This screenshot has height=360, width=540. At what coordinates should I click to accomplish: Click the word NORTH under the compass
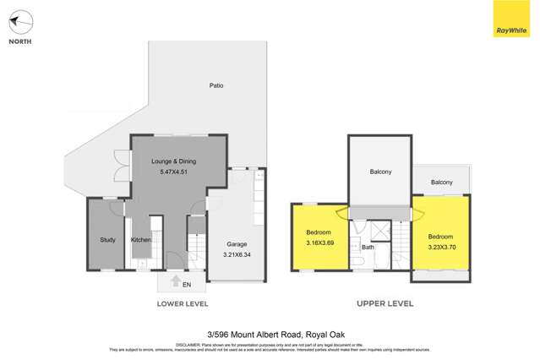[21, 41]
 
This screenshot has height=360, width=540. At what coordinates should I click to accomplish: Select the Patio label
[216, 85]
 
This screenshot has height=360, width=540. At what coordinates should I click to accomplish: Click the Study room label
[107, 240]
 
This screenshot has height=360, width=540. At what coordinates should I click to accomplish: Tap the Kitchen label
[141, 240]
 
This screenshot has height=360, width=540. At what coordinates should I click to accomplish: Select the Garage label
[236, 243]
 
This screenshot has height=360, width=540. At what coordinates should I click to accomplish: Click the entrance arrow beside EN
[176, 282]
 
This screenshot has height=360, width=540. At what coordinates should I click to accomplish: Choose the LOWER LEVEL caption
[182, 303]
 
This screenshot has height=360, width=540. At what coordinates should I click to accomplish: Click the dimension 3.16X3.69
[318, 242]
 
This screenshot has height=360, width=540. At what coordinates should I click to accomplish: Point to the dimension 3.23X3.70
[442, 247]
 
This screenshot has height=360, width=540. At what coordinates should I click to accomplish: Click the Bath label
[368, 248]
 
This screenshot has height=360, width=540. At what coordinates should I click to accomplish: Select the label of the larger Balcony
[380, 172]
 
